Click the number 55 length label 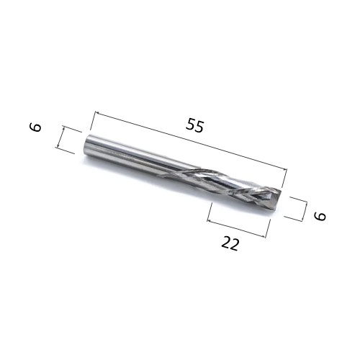[x=194, y=125]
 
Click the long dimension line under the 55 [x=191, y=141]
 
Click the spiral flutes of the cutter [x=230, y=184]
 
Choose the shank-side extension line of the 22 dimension [x=209, y=213]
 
